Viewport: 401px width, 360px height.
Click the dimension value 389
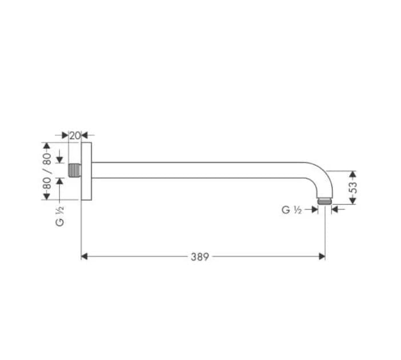199,257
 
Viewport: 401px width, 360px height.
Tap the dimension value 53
353,187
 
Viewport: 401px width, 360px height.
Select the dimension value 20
74,136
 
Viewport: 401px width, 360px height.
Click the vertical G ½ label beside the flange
60,216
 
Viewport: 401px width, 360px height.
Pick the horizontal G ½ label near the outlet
291,210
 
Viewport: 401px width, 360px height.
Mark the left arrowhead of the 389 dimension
85,257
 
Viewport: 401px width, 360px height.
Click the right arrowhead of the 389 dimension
322,257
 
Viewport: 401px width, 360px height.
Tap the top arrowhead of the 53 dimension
352,173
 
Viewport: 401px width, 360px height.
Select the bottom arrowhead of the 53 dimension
352,200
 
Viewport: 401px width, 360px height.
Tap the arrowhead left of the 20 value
65,136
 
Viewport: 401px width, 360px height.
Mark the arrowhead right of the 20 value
85,136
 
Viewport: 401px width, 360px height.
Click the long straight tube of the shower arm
200,170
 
